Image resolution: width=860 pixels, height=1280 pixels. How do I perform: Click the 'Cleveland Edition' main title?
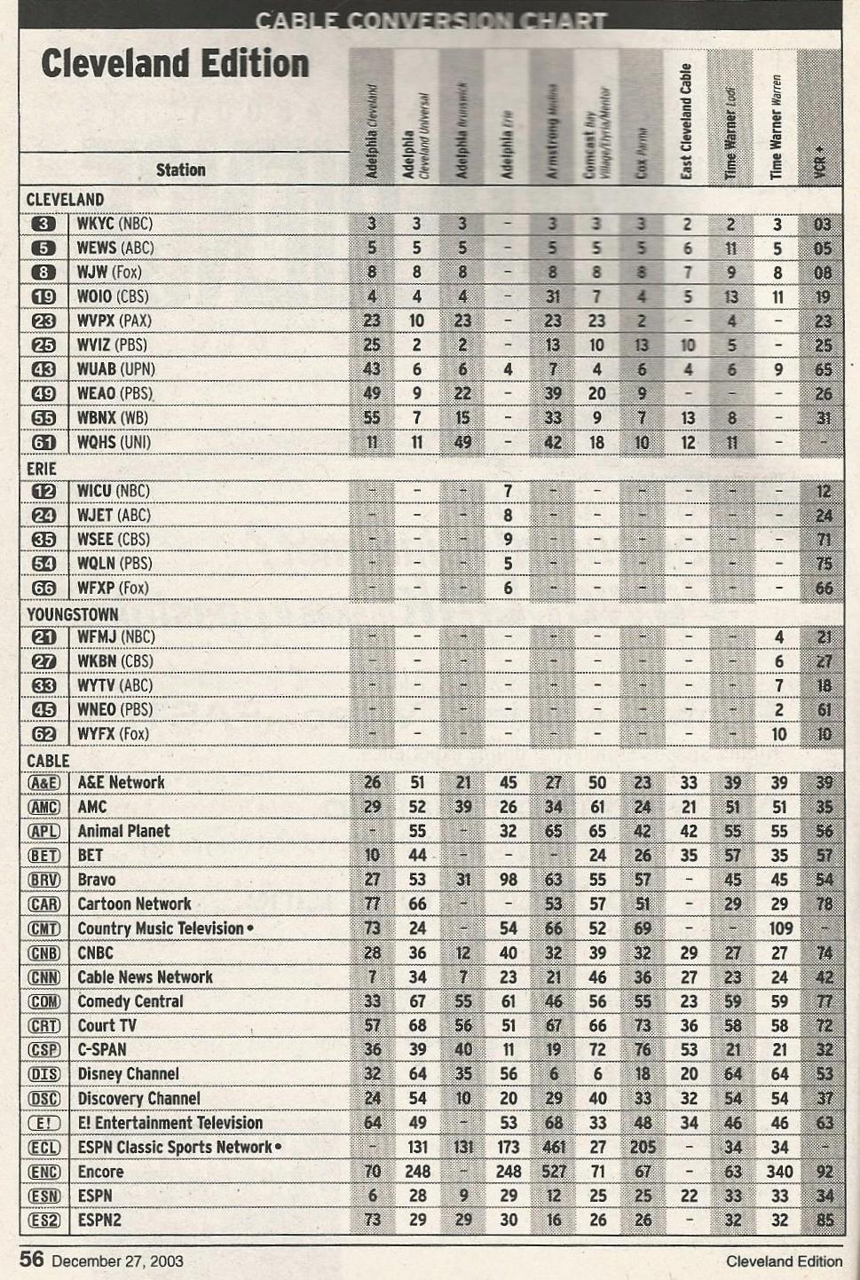[x=175, y=64]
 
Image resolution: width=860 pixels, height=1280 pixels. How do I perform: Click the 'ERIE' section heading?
[x=42, y=468]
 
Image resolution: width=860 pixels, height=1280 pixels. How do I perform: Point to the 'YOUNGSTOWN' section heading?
[x=72, y=613]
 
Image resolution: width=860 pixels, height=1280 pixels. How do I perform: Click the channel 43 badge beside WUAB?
[x=43, y=369]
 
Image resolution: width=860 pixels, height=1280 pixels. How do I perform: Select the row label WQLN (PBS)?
[x=114, y=563]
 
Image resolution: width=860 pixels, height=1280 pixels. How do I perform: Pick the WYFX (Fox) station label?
[x=113, y=733]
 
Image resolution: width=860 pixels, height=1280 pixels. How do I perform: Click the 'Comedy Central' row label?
[x=130, y=1001]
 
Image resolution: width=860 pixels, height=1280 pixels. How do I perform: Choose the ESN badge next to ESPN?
[x=44, y=1196]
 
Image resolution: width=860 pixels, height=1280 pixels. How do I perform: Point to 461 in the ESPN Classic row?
[x=553, y=1147]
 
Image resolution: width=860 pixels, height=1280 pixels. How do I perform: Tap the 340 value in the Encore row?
[x=779, y=1172]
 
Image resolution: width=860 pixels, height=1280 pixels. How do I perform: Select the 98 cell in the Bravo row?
[x=508, y=880]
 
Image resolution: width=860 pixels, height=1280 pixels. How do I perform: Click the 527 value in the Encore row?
[x=553, y=1172]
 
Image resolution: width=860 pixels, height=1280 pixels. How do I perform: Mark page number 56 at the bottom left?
[x=32, y=1259]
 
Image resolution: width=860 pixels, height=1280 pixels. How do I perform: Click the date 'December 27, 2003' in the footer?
[x=118, y=1260]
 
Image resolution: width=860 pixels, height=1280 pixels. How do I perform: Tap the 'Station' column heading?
[x=180, y=170]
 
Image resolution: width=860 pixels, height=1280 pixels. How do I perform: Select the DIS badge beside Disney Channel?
[x=44, y=1074]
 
